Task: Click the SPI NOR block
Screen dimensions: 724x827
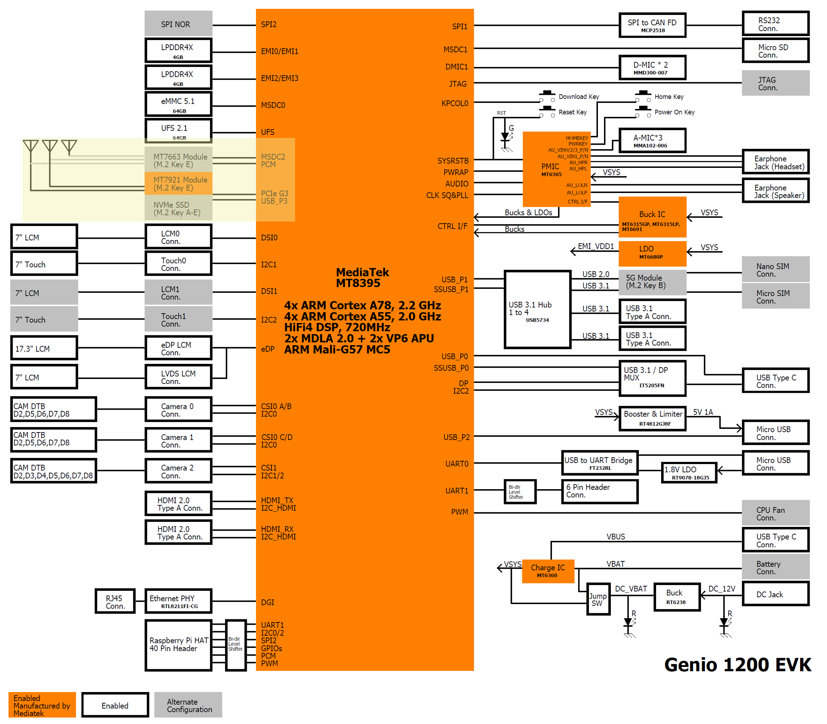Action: (x=178, y=24)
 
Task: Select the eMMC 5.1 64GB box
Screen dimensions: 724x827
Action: (x=178, y=105)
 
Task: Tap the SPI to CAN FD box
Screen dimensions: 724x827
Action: (x=652, y=25)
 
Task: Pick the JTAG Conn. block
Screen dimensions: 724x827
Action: (x=775, y=83)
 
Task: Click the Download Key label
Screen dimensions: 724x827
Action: (x=579, y=96)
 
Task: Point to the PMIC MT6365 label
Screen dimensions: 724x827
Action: (x=551, y=169)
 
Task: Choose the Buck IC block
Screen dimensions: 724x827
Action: (x=652, y=217)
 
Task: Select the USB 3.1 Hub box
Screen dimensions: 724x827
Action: (x=537, y=310)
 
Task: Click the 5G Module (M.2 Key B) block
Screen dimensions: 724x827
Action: (x=652, y=282)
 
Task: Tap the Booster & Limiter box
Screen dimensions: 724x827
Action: (x=652, y=418)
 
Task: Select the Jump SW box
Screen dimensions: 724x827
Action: (x=598, y=599)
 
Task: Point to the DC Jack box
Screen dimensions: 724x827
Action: (x=775, y=594)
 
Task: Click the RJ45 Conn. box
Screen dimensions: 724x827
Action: (x=115, y=601)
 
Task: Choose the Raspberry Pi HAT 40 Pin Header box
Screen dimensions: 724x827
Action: (x=178, y=644)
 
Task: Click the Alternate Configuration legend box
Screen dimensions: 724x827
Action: (x=188, y=705)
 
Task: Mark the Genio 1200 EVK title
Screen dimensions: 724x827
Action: (x=737, y=665)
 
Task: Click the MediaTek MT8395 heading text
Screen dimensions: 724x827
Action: (x=362, y=278)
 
